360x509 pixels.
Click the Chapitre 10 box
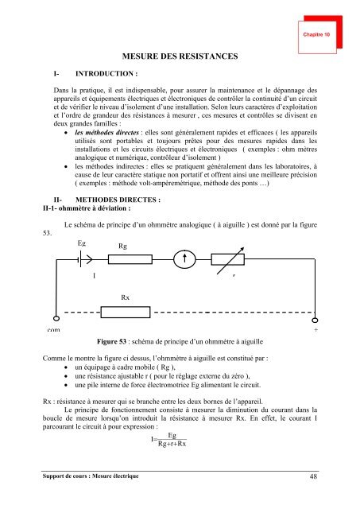[x=319, y=36]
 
